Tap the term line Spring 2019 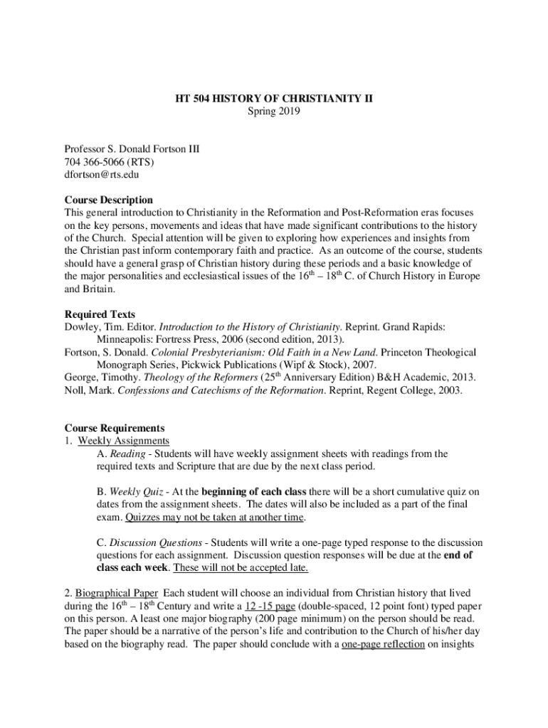[x=273, y=112]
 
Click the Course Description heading [x=108, y=200]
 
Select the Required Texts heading [x=100, y=314]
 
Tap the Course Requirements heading [x=115, y=428]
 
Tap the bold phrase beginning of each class [x=254, y=491]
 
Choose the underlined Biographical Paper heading [x=117, y=593]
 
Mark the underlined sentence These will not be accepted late [x=241, y=568]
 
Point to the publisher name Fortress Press [x=178, y=339]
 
